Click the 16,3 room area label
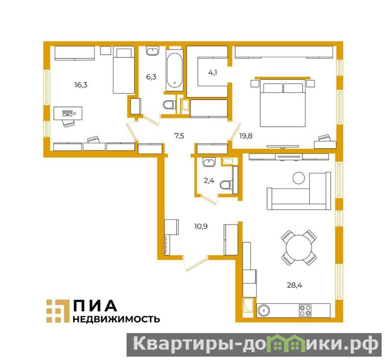point(81,85)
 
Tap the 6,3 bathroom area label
point(151,77)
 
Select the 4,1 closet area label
point(212,73)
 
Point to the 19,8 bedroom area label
point(246,136)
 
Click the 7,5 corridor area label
point(179,136)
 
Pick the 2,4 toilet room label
point(209,181)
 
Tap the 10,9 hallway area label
point(201,226)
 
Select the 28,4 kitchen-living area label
point(295,285)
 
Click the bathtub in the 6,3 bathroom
point(174,70)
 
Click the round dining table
point(299,247)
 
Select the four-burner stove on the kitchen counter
point(305,310)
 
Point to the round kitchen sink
point(263,310)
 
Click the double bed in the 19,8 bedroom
point(283,103)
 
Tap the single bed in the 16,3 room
point(124,70)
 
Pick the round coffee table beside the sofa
point(298,178)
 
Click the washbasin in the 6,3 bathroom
point(153,51)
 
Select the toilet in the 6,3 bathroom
point(169,105)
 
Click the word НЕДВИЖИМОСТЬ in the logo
point(116,319)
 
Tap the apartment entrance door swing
point(196,264)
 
